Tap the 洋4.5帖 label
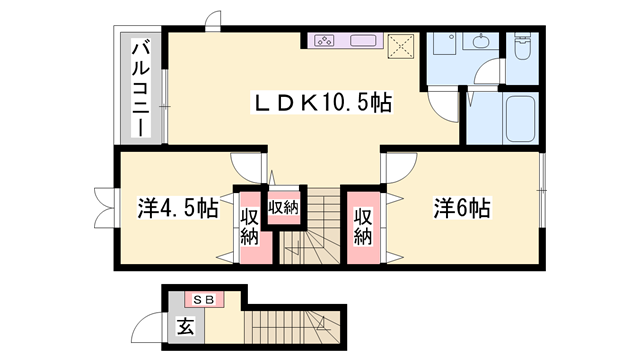tap(177, 209)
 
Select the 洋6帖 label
tap(460, 209)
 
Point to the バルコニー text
tap(142, 89)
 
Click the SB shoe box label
tap(203, 299)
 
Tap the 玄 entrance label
tap(186, 325)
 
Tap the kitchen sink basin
tap(361, 41)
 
